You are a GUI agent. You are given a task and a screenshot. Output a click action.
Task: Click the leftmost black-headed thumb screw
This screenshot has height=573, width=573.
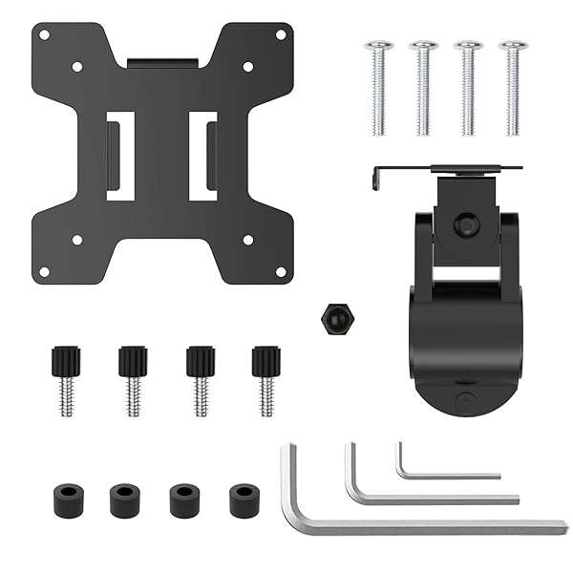pos(65,377)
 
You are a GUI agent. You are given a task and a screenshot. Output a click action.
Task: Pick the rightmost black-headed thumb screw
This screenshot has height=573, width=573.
pos(266,377)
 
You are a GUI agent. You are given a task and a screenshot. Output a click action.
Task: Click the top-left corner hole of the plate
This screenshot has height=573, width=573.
pos(42,34)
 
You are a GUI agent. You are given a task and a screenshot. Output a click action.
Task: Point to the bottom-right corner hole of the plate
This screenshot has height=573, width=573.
pos(282,272)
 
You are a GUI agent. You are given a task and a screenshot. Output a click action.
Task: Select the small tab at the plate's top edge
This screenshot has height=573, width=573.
pos(162,63)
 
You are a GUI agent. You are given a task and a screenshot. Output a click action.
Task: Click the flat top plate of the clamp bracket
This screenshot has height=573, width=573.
pos(449,169)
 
